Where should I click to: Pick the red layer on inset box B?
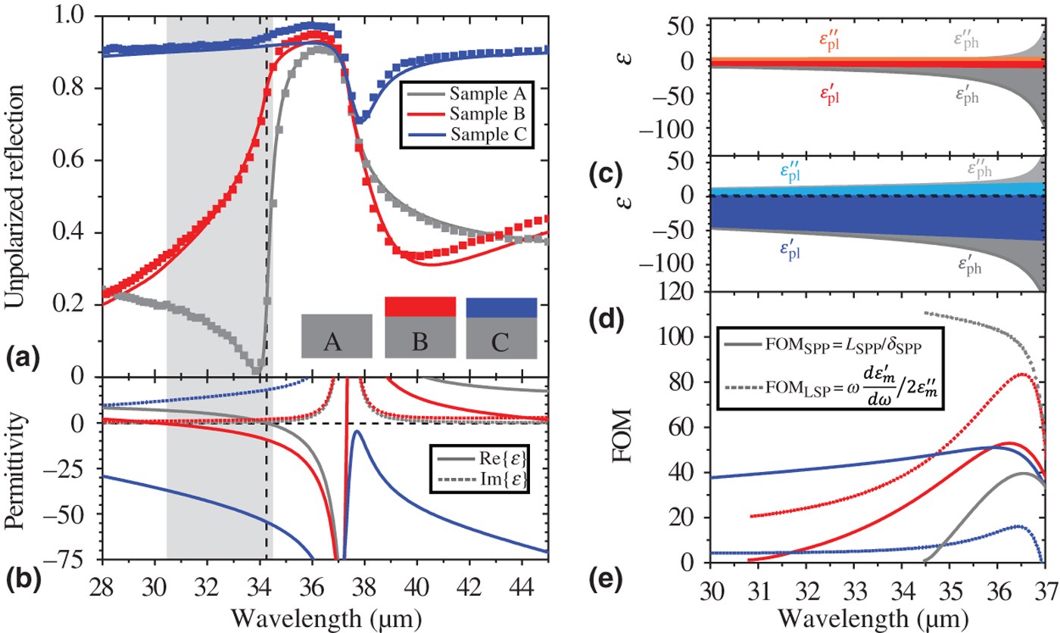[x=420, y=306]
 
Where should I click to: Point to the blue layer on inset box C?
[x=501, y=307]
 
